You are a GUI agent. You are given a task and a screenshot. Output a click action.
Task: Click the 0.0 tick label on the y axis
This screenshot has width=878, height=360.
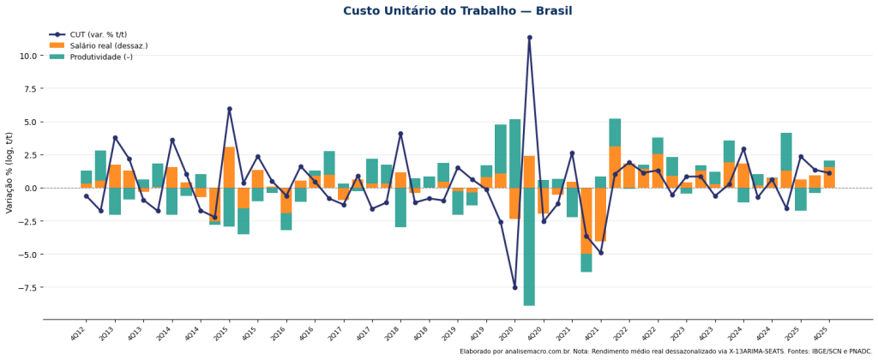pos(29,188)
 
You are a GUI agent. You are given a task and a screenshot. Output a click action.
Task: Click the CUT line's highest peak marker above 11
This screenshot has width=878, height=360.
pos(529,38)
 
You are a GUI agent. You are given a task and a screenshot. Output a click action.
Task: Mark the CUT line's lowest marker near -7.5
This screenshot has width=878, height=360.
pos(515,287)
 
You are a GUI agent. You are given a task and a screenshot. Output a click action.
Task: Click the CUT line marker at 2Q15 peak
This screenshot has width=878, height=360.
pos(229,109)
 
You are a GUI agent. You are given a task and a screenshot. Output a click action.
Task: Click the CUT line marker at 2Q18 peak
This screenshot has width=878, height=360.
pos(400,134)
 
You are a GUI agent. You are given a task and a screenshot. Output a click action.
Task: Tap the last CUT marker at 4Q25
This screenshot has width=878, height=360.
pos(829,173)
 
